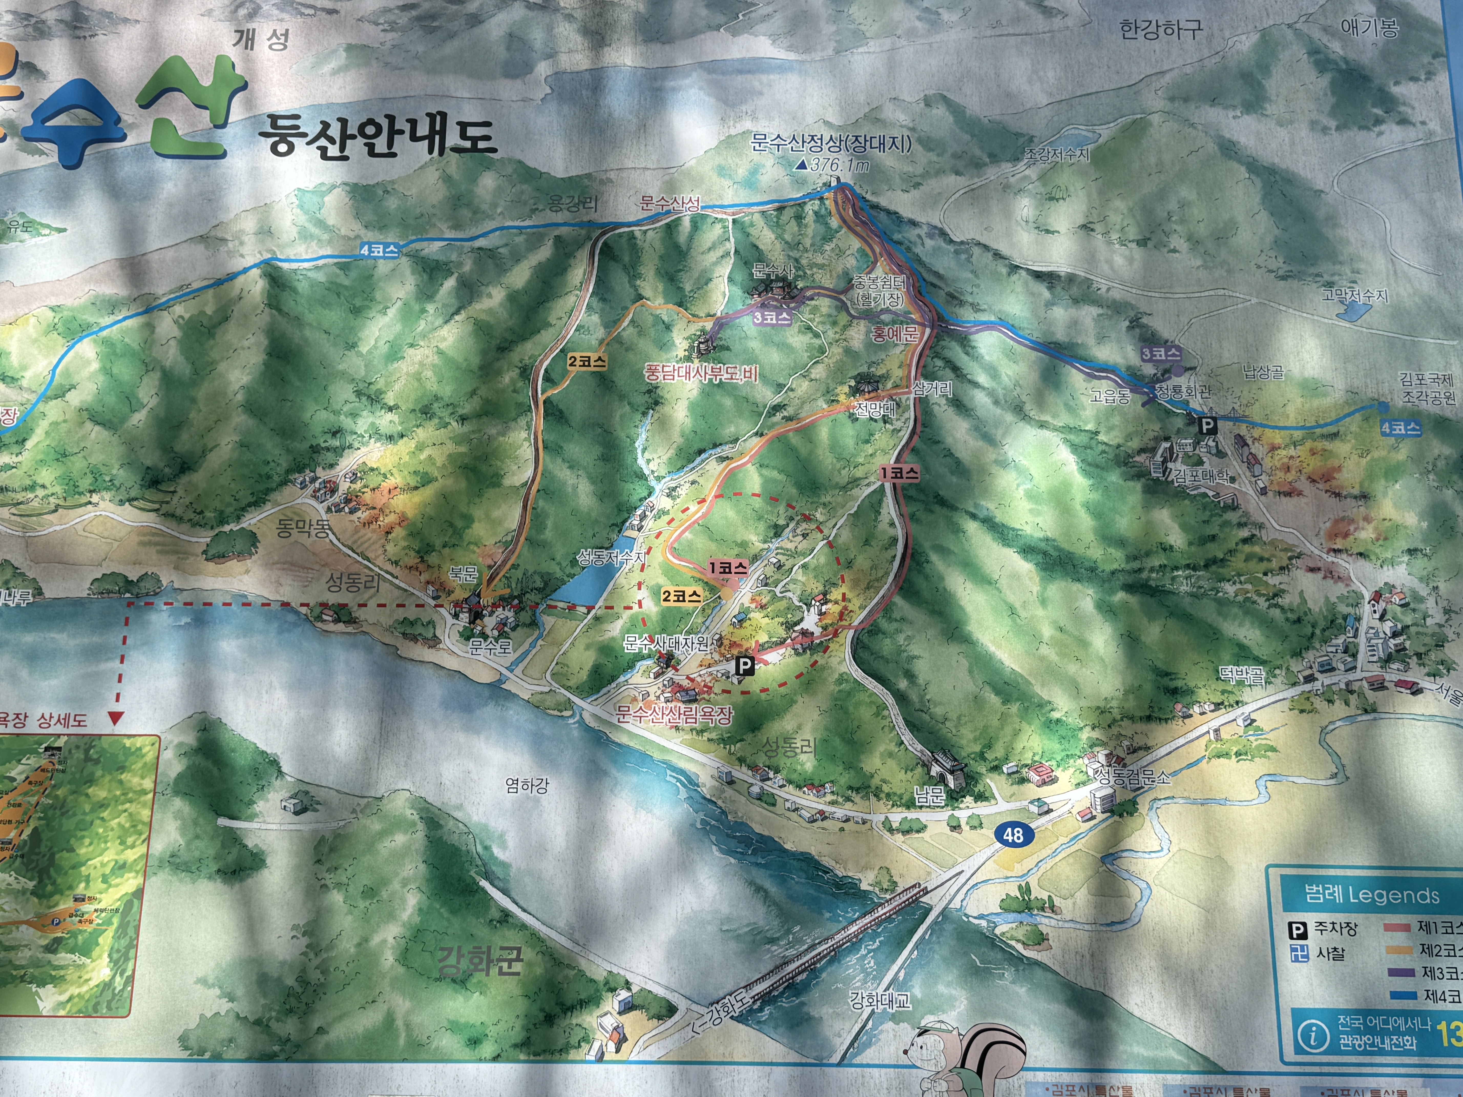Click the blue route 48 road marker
(1012, 835)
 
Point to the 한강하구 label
(1161, 29)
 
